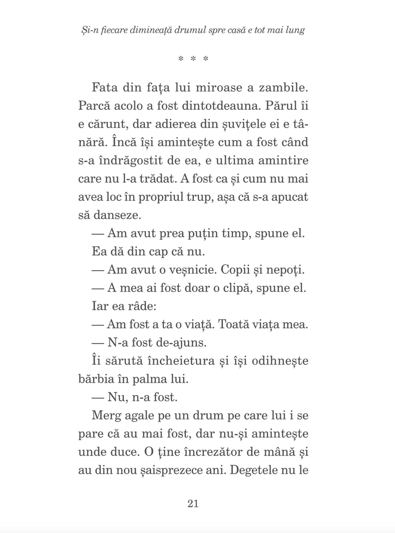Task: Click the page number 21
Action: click(193, 503)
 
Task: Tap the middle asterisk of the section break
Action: click(193, 59)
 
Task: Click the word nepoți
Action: click(288, 270)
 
